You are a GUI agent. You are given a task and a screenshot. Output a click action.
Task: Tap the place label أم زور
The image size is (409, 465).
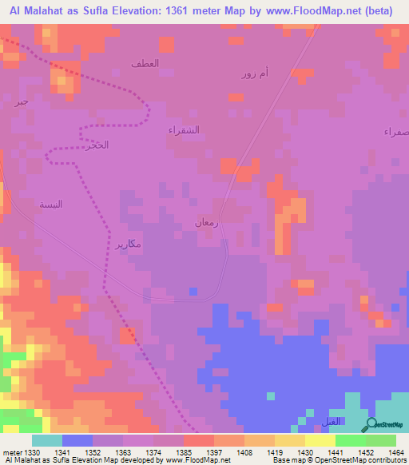click(255, 74)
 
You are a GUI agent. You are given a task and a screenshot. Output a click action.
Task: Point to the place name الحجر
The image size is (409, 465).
click(95, 145)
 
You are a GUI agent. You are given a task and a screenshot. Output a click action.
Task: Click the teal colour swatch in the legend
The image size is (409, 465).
click(47, 440)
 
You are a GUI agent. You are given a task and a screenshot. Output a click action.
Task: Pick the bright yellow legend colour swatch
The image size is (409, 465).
click(320, 440)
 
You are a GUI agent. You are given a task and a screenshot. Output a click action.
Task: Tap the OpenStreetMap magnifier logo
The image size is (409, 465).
click(370, 426)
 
